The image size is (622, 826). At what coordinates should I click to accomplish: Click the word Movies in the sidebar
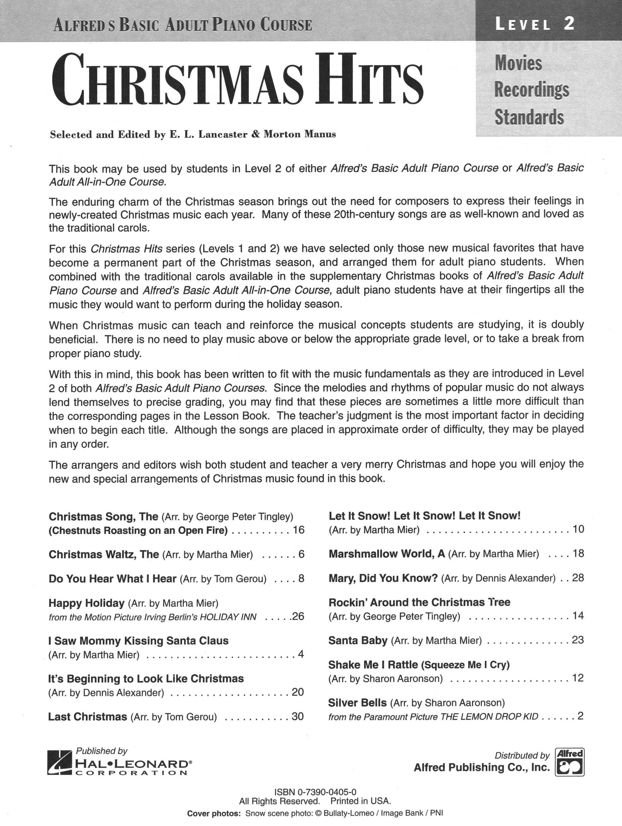518,63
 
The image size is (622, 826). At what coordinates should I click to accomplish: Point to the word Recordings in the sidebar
532,90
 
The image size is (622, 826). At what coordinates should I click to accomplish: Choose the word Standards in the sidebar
529,117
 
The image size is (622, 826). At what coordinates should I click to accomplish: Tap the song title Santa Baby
358,640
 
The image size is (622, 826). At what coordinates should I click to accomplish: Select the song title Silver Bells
357,703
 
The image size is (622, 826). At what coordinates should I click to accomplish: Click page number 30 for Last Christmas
297,716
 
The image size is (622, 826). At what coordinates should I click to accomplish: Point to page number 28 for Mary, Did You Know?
578,578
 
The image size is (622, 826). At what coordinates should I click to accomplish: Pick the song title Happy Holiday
87,603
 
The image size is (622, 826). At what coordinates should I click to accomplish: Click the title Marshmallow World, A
387,554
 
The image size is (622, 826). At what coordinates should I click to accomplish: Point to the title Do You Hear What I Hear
112,579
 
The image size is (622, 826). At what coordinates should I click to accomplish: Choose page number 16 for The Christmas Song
298,530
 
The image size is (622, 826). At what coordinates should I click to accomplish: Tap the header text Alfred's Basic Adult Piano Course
182,25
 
